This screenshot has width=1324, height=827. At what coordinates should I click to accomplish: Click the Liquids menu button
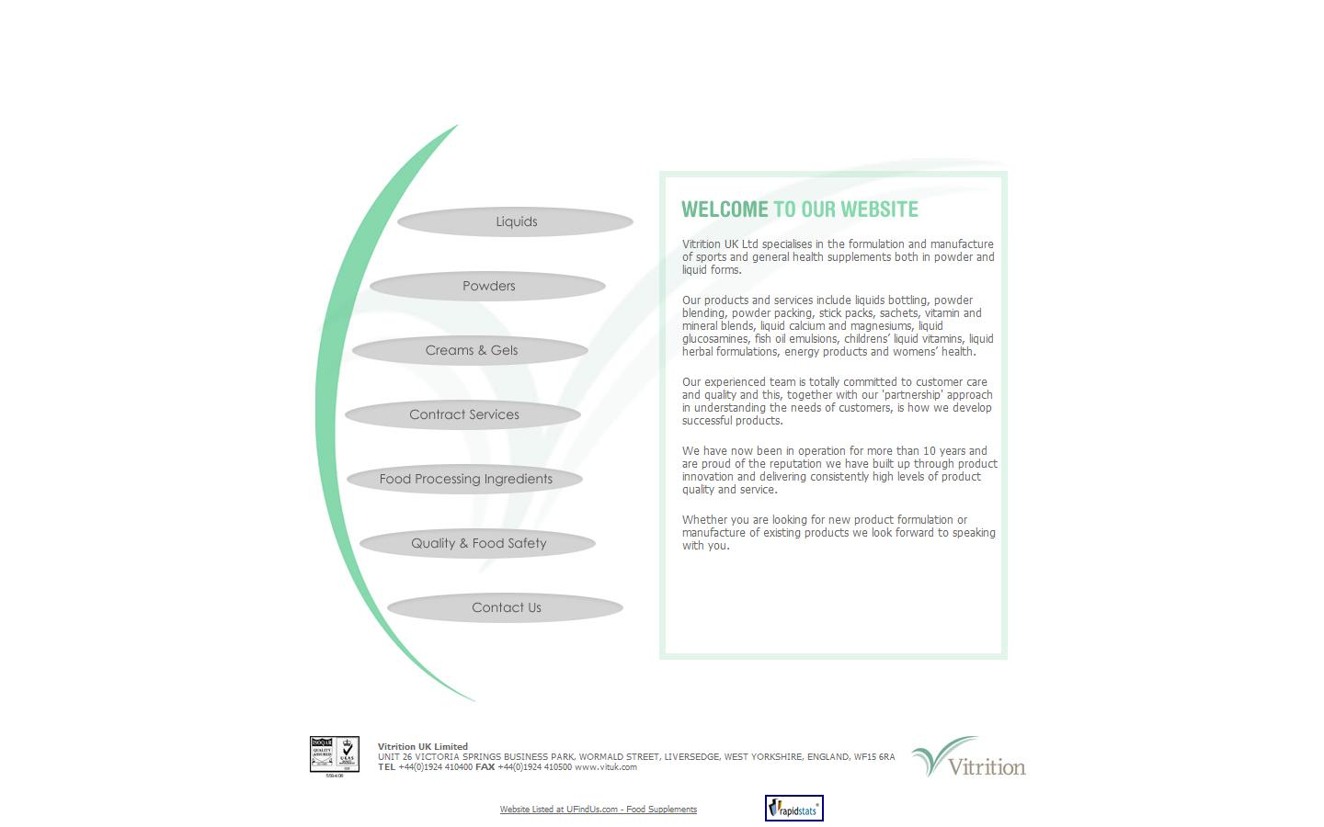pyautogui.click(x=516, y=221)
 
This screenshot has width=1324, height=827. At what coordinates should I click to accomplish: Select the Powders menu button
pyautogui.click(x=488, y=286)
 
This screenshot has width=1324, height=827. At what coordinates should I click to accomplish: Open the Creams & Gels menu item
pyautogui.click(x=471, y=350)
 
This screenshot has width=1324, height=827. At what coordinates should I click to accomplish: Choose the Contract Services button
pyautogui.click(x=463, y=414)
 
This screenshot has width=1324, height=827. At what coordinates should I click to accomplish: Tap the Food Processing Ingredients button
pyautogui.click(x=465, y=479)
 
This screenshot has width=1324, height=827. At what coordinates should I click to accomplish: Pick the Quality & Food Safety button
pyautogui.click(x=478, y=543)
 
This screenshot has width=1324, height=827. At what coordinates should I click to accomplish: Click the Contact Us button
pyautogui.click(x=506, y=607)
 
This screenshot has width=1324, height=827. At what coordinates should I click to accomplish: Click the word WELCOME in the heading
pyautogui.click(x=725, y=210)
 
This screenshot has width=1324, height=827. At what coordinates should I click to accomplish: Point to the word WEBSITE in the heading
pyautogui.click(x=879, y=210)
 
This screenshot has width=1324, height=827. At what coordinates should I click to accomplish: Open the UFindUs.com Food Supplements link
pyautogui.click(x=598, y=810)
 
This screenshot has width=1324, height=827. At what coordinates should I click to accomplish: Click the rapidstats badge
pyautogui.click(x=793, y=809)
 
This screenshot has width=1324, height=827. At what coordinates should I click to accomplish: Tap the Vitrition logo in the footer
pyautogui.click(x=968, y=757)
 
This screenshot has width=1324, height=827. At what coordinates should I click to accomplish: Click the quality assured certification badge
pyautogui.click(x=334, y=754)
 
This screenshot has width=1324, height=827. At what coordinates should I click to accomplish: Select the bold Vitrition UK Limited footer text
pyautogui.click(x=422, y=746)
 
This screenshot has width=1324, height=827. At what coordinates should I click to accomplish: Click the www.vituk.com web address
pyautogui.click(x=605, y=767)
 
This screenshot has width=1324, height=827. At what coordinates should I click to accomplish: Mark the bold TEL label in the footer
pyautogui.click(x=386, y=767)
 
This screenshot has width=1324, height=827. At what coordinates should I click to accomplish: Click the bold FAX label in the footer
pyautogui.click(x=485, y=767)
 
